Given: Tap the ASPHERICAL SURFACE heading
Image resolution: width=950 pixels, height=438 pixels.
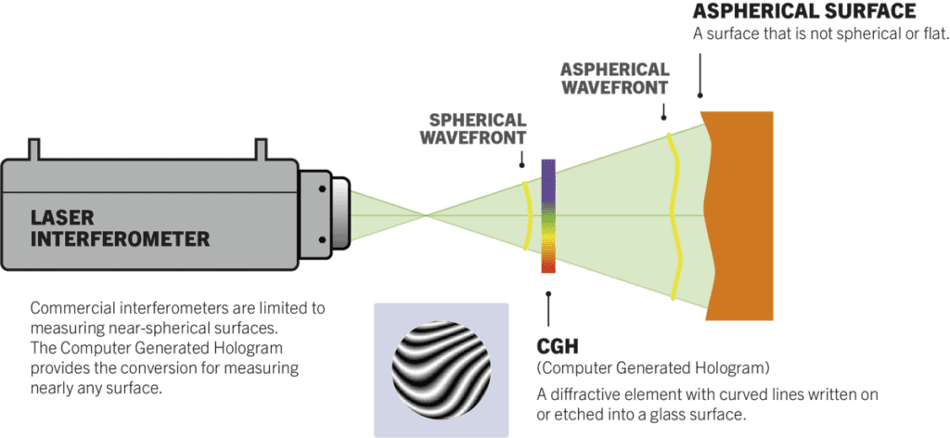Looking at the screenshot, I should click(804, 12).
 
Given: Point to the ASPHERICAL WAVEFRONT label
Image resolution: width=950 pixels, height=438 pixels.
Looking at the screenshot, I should click(614, 78).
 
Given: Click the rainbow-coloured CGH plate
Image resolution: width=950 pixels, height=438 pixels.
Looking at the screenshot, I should click(547, 215).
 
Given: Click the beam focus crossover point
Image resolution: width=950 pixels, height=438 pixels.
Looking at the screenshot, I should click(427, 215).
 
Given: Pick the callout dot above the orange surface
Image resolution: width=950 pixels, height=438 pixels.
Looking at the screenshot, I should click(700, 93).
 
